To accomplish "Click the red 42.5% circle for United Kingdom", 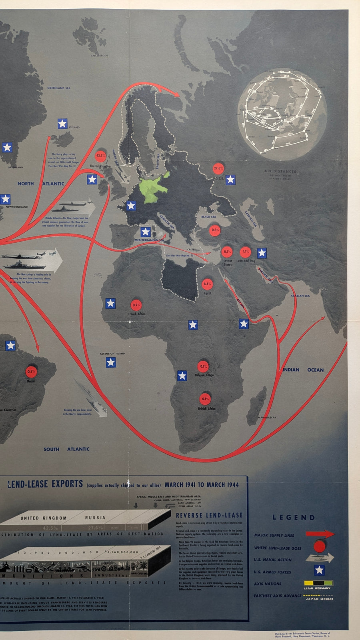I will pos(100,156).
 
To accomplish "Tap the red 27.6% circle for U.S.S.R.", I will pos(218,168).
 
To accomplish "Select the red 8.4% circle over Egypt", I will pos(207,284).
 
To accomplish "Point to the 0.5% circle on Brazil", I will pos(31,372).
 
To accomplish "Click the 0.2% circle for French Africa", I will pos(136,305).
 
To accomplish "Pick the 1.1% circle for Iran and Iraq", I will pos(245,252).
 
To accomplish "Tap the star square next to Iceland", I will pos(62,124).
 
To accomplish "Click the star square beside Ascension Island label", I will pos(111,362).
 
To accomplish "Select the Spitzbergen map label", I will pos(100,56).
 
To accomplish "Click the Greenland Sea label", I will pos(59,88).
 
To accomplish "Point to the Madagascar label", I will pos(267,418).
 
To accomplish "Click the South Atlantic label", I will pos(66,449).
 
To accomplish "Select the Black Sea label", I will pos(208,217).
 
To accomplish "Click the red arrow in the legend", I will pos(320,534).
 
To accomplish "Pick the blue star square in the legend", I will pos(319,570).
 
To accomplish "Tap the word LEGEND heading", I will pos(294,518).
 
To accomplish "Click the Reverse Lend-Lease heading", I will pos(209,515).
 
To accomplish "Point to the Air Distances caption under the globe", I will pos(280,171).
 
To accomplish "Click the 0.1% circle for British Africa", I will pos(205,399).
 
